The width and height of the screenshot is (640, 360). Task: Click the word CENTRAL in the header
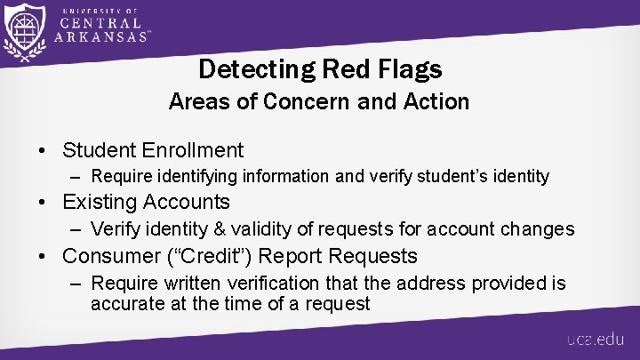(x=100, y=22)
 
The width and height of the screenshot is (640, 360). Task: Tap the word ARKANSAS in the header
(x=100, y=36)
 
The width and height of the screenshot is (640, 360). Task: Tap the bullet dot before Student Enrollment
(x=44, y=151)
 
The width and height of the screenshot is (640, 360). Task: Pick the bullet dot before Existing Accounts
(x=44, y=204)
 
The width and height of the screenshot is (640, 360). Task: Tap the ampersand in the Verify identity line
(x=212, y=229)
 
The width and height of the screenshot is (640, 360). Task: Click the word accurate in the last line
(x=125, y=303)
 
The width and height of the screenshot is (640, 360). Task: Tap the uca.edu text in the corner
(x=596, y=340)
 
